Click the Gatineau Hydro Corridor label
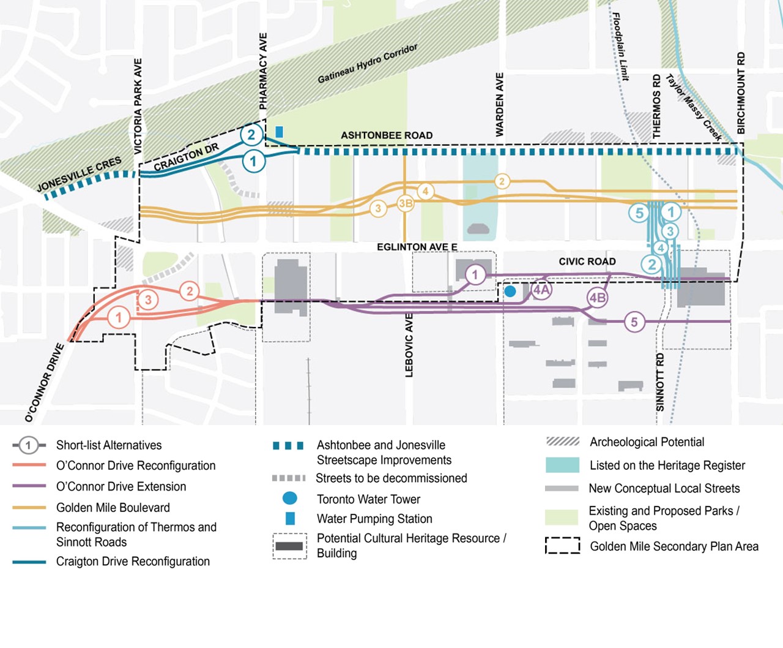pyautogui.click(x=368, y=64)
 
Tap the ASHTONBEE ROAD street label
pyautogui.click(x=387, y=135)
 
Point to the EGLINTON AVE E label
pyautogui.click(x=417, y=247)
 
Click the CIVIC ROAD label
pyautogui.click(x=587, y=262)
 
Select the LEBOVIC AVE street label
pyautogui.click(x=409, y=345)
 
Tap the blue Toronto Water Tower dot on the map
pyautogui.click(x=510, y=292)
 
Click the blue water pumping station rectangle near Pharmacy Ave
pyautogui.click(x=279, y=132)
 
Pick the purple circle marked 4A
pyautogui.click(x=541, y=290)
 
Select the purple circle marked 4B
pyautogui.click(x=598, y=298)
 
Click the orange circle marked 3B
pyautogui.click(x=406, y=203)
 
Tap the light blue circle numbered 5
pyautogui.click(x=639, y=213)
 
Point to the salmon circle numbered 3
pyautogui.click(x=148, y=300)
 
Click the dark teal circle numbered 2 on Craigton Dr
pyautogui.click(x=251, y=135)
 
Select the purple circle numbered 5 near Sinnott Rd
pyautogui.click(x=634, y=322)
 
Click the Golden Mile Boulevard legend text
pyautogui.click(x=113, y=508)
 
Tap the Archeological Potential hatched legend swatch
pyautogui.click(x=562, y=442)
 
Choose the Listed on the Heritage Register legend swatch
pyautogui.click(x=562, y=465)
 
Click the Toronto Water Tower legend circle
pyautogui.click(x=290, y=499)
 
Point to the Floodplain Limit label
pyautogui.click(x=620, y=47)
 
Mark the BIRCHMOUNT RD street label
pyautogui.click(x=741, y=93)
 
